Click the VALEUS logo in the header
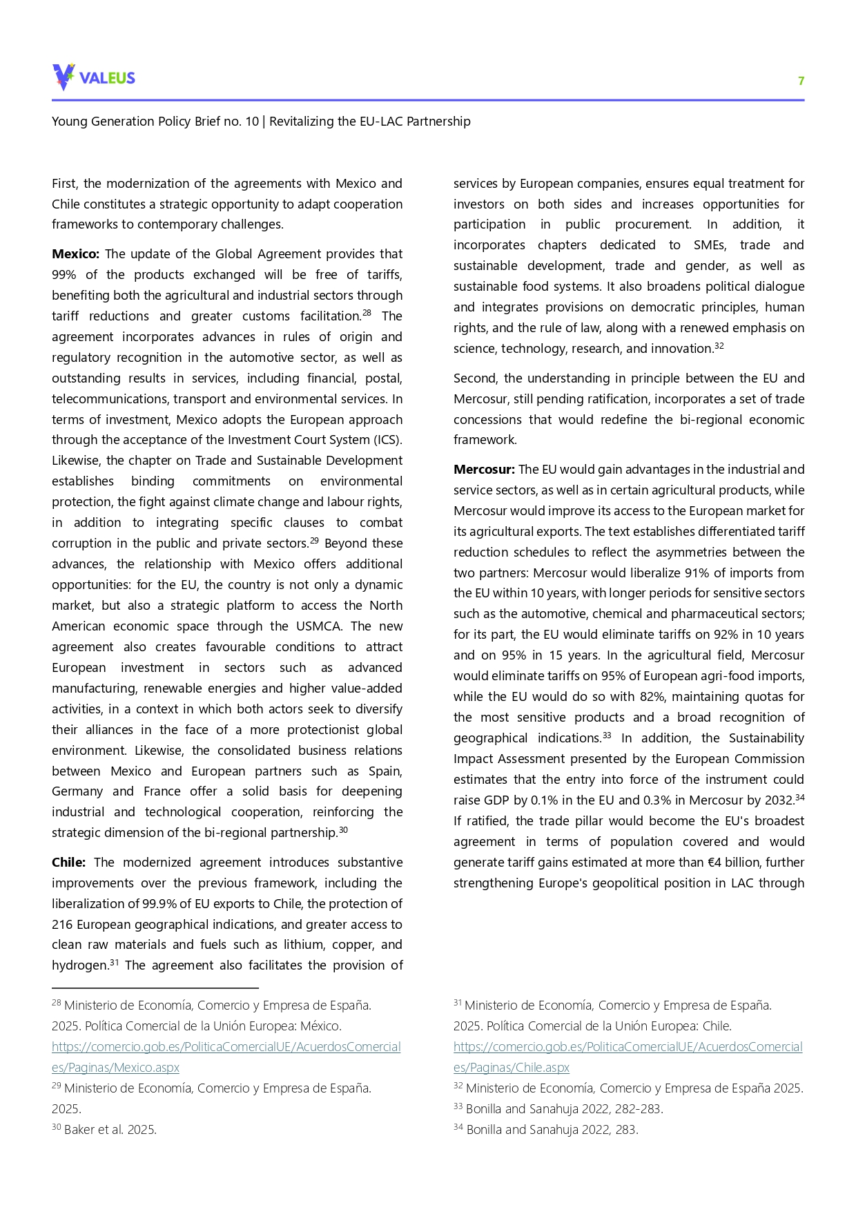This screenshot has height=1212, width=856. [93, 77]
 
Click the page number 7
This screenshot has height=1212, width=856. [801, 81]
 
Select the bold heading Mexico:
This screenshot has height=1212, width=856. [75, 254]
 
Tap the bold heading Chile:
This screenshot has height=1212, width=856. [68, 863]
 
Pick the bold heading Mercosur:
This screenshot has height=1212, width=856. [483, 470]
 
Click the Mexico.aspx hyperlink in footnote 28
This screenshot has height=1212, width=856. [115, 1068]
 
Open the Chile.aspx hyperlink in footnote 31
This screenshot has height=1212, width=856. [511, 1068]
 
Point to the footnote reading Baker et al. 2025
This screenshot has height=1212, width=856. [110, 1130]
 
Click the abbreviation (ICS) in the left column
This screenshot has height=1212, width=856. [387, 440]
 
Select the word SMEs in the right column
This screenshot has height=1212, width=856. [710, 245]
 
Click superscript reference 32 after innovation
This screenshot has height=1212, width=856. [719, 346]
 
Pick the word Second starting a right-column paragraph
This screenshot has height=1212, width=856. [474, 378]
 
